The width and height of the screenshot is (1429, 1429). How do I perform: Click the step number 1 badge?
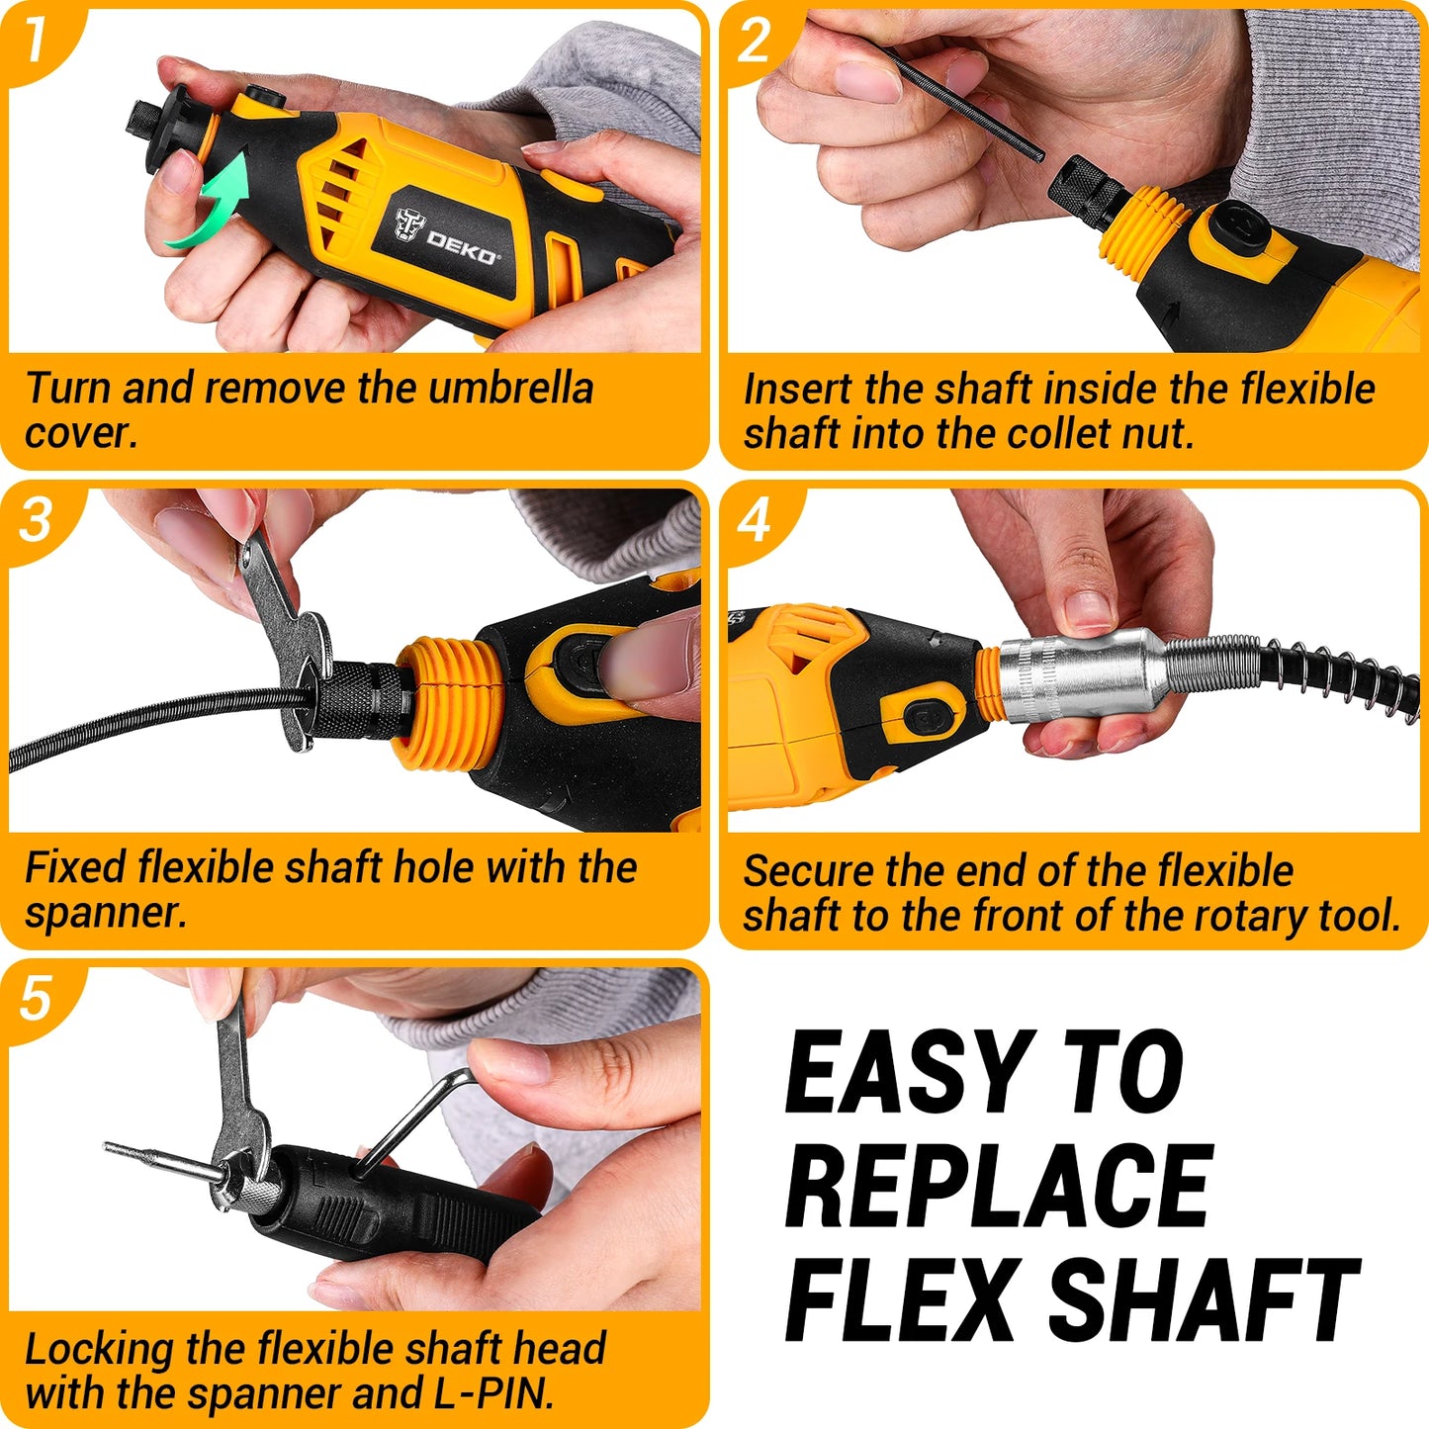[36, 40]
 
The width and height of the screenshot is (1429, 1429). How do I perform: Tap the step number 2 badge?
[755, 40]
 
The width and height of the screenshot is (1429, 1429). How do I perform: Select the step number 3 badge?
[36, 520]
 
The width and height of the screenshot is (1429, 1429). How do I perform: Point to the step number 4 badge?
[755, 520]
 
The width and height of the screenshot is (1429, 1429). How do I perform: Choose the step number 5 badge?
[36, 999]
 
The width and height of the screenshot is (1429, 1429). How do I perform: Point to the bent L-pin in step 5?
[415, 1117]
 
